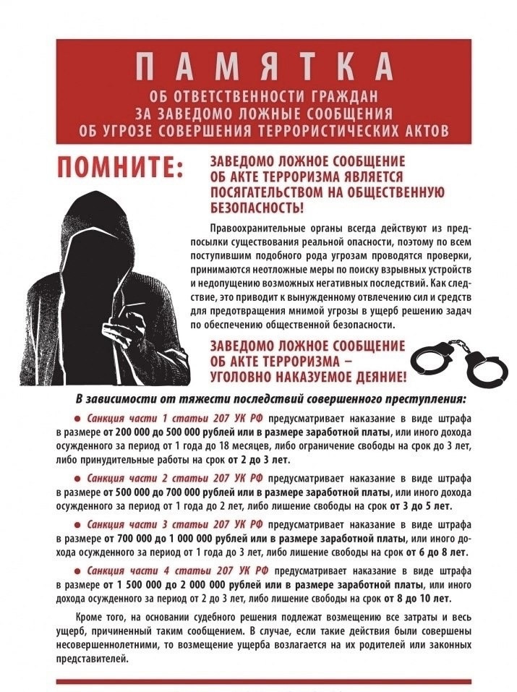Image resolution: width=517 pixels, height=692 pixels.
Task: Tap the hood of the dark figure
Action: click(x=108, y=217)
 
